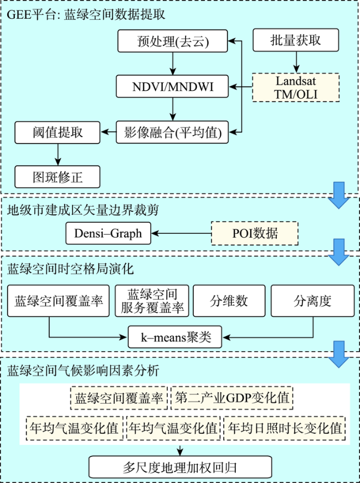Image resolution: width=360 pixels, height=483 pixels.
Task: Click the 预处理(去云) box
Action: pos(172,40)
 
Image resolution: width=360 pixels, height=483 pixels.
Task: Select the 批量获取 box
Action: pos(296,40)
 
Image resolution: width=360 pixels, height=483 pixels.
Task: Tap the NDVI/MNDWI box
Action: pos(172,86)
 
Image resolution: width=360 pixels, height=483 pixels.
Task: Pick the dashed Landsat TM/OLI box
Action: pos(296,88)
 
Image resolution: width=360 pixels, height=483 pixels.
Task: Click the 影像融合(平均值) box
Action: pos(172,132)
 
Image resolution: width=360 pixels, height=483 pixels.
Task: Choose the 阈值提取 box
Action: pos(58,132)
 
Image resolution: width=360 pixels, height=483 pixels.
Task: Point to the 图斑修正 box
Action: pos(58,177)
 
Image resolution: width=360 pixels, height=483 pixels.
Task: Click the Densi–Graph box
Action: pos(109,233)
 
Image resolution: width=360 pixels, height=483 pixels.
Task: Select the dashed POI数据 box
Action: pos(255,233)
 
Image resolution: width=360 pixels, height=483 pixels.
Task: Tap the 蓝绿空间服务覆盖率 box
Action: pos(152,301)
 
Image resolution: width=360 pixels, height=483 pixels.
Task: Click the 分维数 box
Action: pos(229,301)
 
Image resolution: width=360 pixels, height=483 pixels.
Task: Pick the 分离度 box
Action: pos(312,301)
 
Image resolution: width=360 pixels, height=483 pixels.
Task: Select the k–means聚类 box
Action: pos(175,337)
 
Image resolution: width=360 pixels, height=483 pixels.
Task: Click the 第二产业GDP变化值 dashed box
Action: pos(232,398)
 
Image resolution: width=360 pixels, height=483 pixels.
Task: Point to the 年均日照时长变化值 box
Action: pos(285,428)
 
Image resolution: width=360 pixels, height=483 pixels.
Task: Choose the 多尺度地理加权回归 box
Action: pos(180,467)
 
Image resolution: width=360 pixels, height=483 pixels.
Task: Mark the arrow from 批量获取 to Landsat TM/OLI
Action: pos(296,63)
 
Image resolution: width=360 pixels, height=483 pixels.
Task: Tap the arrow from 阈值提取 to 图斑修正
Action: pos(58,155)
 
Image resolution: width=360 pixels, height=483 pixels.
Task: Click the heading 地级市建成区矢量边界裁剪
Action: pos(83,210)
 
